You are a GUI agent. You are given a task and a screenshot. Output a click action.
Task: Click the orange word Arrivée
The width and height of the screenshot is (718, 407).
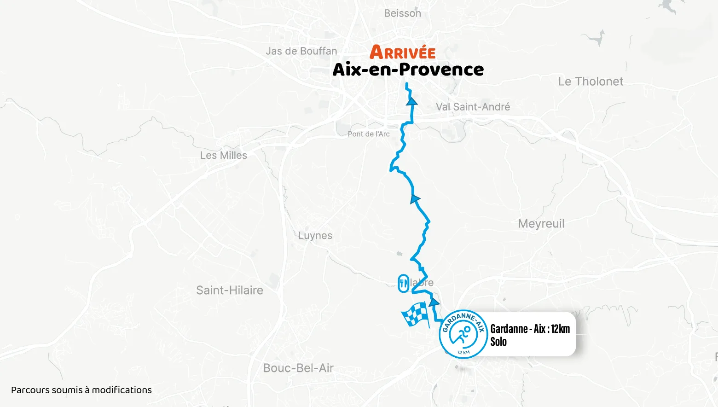[x=402, y=52]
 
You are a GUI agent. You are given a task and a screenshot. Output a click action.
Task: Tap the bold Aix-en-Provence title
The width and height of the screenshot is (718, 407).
[x=408, y=70]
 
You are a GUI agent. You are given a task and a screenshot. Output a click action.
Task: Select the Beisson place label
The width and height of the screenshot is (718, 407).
[x=402, y=13]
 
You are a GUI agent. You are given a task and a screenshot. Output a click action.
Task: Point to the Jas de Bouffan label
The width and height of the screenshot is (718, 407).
[x=301, y=51]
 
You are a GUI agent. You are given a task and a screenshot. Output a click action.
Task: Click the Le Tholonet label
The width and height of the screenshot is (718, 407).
[x=591, y=81]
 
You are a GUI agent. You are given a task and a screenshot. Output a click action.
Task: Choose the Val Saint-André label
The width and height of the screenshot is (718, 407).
[x=473, y=107]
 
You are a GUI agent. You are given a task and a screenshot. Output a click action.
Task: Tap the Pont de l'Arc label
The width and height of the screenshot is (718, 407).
[x=368, y=134]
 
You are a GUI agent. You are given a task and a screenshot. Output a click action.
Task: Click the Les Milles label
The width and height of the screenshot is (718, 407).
[x=223, y=156]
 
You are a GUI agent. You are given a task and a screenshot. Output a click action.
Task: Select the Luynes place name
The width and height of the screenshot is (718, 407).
[x=315, y=236]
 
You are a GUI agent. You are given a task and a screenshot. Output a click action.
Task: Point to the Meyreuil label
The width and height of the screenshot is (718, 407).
[x=541, y=224]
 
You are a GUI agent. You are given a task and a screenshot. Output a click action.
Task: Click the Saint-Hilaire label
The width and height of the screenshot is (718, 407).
[x=229, y=291]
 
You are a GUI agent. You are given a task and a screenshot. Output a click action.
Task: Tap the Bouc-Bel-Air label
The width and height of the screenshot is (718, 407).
[x=298, y=368]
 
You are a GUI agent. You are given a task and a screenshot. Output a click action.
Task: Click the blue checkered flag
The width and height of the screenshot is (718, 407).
[x=415, y=315]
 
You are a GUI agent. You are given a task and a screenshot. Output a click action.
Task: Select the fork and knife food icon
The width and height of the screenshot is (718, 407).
[x=403, y=283]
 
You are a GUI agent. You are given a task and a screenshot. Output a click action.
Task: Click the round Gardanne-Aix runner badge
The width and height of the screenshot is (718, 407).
[x=463, y=334]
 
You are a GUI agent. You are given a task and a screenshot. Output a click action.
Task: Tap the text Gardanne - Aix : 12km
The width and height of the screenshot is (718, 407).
[x=530, y=329]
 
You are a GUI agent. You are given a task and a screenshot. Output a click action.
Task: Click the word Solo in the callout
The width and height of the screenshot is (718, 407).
[x=498, y=342]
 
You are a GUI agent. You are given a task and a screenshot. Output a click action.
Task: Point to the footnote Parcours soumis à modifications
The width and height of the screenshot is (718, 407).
[x=81, y=390]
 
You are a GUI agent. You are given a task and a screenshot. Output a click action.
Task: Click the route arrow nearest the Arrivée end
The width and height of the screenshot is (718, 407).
[x=412, y=101]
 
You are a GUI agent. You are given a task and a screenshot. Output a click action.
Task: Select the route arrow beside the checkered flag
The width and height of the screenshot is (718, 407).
[x=434, y=302]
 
